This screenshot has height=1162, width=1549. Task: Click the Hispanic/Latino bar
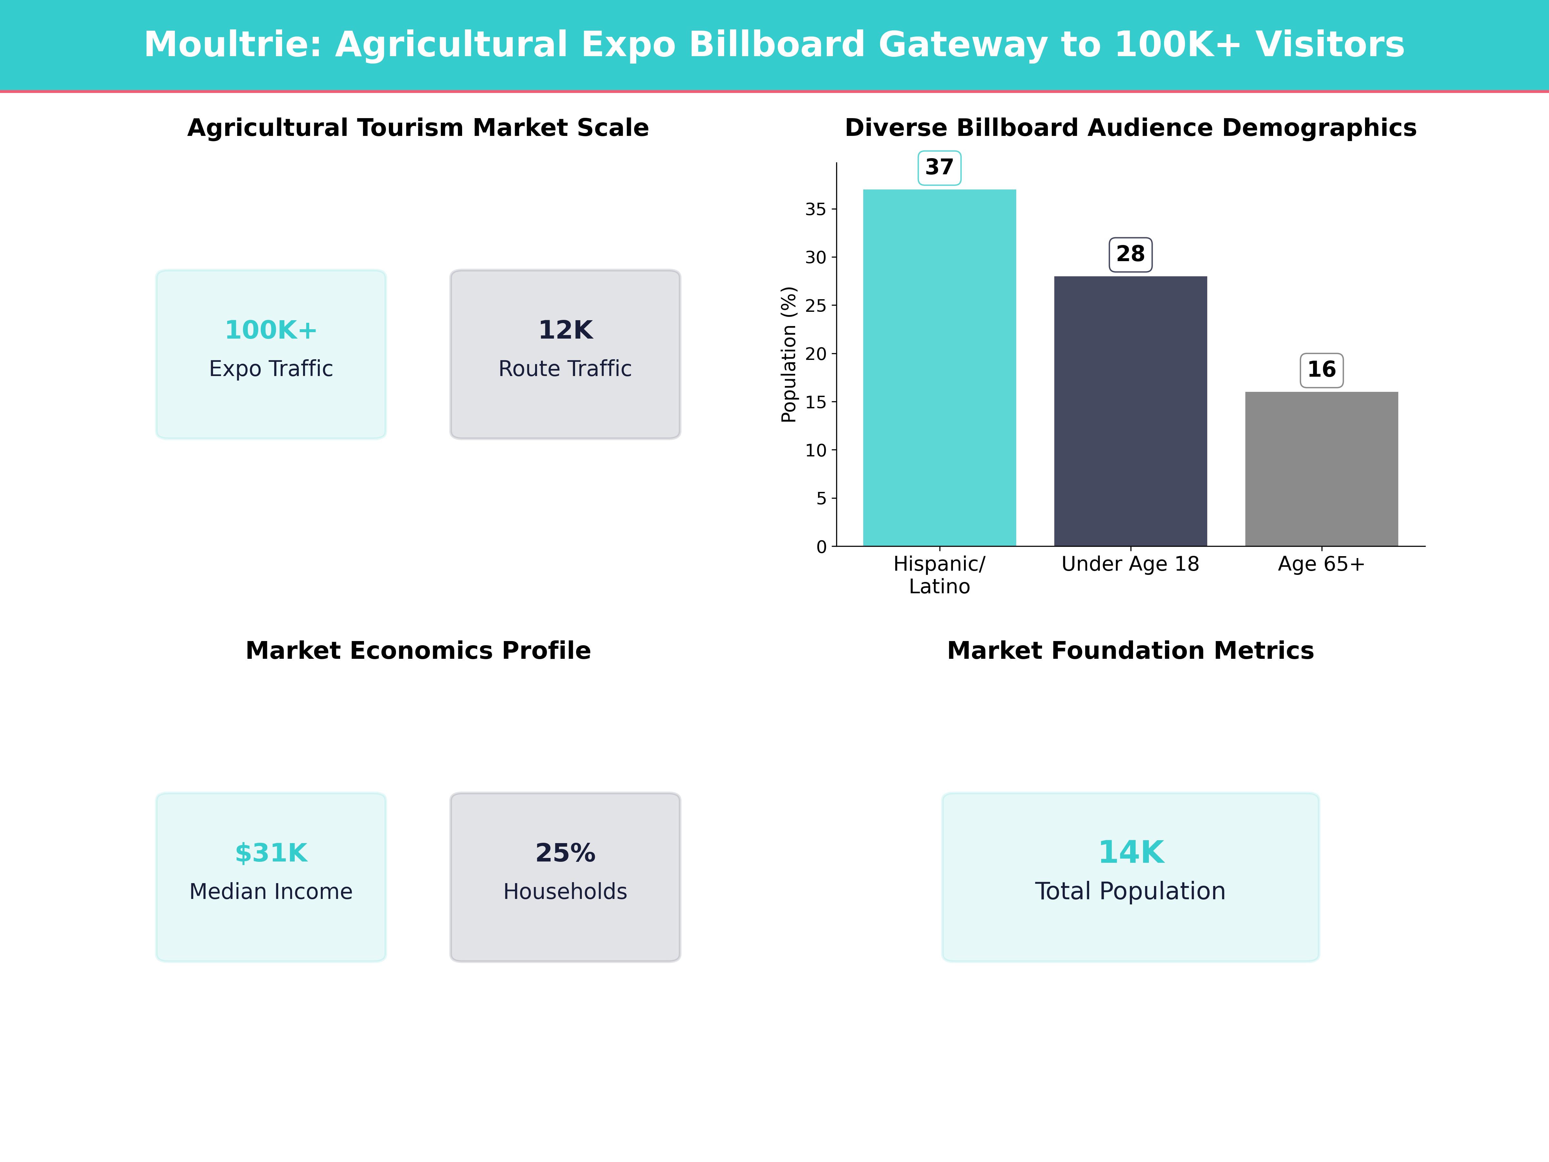pos(939,368)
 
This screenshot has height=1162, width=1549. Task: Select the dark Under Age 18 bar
pos(1130,411)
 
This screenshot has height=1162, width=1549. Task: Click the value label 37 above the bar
pos(939,168)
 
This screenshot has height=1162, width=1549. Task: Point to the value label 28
pos(1130,254)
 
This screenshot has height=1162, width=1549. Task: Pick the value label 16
pos(1321,370)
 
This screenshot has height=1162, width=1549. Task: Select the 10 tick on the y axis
pos(816,450)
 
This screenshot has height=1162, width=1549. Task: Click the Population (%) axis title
pos(788,354)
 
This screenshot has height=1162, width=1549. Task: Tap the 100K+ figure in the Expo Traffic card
pos(271,330)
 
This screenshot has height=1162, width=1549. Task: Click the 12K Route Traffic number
pos(565,330)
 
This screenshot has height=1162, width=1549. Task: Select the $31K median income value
pos(271,853)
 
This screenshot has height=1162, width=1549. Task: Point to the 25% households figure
pos(565,853)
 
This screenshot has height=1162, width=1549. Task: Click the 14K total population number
pos(1130,852)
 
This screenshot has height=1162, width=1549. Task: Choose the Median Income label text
pos(271,892)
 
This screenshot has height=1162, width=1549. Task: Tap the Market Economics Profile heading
pos(418,651)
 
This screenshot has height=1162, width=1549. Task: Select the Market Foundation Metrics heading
pos(1130,651)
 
